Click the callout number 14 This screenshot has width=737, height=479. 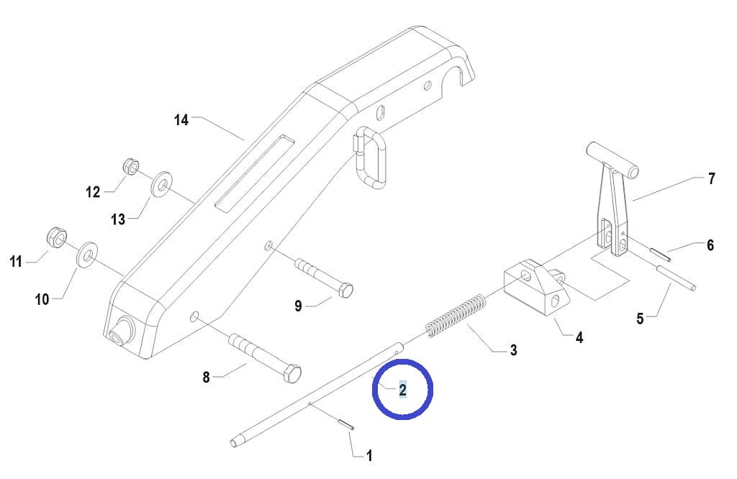(x=181, y=119)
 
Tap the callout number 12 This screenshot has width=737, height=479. (x=93, y=191)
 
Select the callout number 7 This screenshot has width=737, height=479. (x=712, y=178)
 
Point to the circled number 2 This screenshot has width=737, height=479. (x=403, y=389)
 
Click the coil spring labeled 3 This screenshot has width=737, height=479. (x=456, y=315)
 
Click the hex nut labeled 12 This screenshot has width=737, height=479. (x=131, y=166)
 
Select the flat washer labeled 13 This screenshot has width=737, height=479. (x=161, y=183)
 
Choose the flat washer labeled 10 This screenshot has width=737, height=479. (x=87, y=254)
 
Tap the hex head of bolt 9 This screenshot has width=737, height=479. (x=344, y=290)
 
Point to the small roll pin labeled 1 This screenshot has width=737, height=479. (x=345, y=424)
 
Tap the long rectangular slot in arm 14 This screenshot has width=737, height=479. (x=254, y=172)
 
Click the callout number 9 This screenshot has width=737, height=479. (x=298, y=306)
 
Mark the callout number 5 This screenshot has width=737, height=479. (x=640, y=319)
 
